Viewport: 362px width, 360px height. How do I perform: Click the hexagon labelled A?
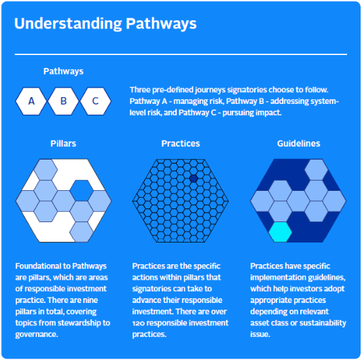pyautogui.click(x=31, y=101)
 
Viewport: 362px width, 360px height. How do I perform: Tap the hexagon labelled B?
pyautogui.click(x=63, y=101)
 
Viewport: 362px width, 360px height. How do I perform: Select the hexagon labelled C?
pyautogui.click(x=95, y=101)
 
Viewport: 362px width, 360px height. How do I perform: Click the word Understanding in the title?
pyautogui.click(x=68, y=24)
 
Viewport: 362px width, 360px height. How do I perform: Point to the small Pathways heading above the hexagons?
pyautogui.click(x=63, y=71)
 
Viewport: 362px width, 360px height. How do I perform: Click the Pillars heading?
pyautogui.click(x=63, y=143)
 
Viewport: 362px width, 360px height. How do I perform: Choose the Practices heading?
pyautogui.click(x=181, y=143)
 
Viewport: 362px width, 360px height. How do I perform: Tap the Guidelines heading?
pyautogui.click(x=299, y=143)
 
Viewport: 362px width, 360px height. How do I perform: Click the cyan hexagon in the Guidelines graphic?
pyautogui.click(x=280, y=232)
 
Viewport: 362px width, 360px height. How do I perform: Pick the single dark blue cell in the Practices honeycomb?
pyautogui.click(x=194, y=179)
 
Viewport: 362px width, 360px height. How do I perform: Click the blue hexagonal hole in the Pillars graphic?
pyautogui.click(x=82, y=190)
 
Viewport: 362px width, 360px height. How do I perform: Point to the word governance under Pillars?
pyautogui.click(x=37, y=335)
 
